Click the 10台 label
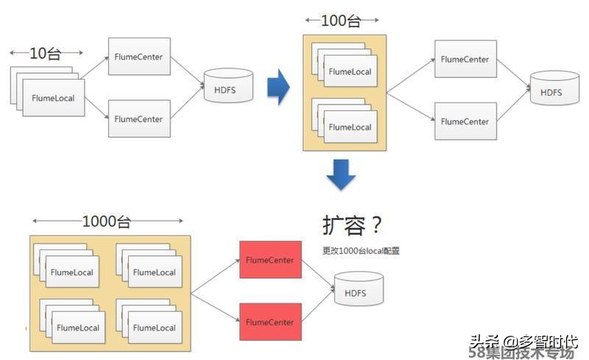click(x=46, y=53)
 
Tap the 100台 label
click(x=341, y=21)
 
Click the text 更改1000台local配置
click(x=361, y=250)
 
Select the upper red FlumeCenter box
click(x=270, y=259)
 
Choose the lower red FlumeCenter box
click(x=270, y=322)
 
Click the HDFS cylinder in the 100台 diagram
click(x=551, y=92)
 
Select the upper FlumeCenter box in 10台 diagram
click(x=138, y=56)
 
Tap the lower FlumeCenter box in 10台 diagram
click(x=138, y=118)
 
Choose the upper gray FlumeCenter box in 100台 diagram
click(x=465, y=59)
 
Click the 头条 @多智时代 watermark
click(x=523, y=341)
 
